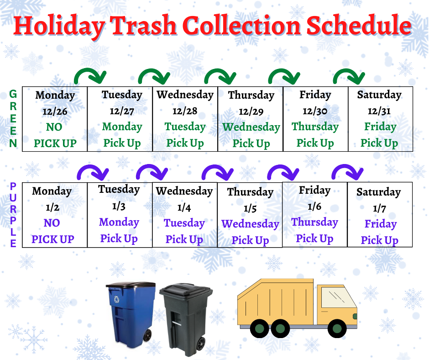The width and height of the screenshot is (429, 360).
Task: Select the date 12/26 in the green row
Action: click(55, 111)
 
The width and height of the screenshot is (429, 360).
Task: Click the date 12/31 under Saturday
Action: click(379, 111)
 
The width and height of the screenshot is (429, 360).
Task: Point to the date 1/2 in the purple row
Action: click(52, 207)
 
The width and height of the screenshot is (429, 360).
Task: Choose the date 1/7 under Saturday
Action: click(379, 208)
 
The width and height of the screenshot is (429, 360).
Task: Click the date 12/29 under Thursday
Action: click(251, 111)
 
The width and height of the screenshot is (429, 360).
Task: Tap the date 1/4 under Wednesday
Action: click(184, 207)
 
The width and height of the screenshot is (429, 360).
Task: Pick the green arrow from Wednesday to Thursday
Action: click(220, 76)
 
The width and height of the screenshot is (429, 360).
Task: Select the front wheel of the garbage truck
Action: click(337, 328)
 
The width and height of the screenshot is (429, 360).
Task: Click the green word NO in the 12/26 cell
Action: click(54, 127)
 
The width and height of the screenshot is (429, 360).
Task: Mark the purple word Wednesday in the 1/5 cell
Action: click(250, 224)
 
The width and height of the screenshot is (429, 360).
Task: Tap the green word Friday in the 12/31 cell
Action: click(380, 127)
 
